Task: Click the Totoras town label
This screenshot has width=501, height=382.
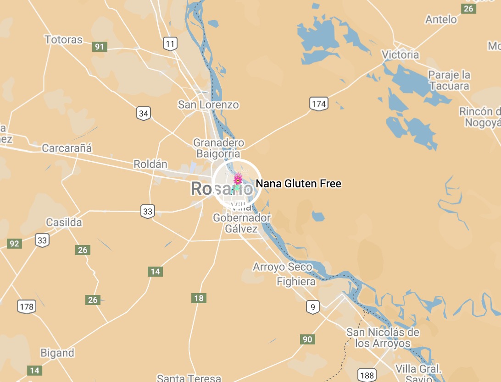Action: point(63,40)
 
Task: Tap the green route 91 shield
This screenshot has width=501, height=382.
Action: point(100,46)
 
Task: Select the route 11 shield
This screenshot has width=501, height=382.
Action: point(170,44)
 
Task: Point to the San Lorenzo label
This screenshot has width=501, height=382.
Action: point(208,105)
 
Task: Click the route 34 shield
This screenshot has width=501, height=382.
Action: point(144,113)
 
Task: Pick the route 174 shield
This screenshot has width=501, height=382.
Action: point(318,104)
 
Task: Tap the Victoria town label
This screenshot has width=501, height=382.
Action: point(401,55)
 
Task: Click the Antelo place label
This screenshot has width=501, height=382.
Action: point(441,19)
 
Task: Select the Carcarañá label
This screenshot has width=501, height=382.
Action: point(67,148)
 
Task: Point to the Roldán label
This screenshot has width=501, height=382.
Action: point(150,164)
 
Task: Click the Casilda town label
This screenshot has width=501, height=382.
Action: point(64,223)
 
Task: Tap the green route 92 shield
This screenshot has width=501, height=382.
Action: point(14,244)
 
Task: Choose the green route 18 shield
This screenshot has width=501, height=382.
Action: point(199,298)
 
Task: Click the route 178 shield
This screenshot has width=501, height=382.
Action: point(27,306)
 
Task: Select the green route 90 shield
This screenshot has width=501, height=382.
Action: point(307,339)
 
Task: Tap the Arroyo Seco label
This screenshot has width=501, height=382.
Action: point(283,267)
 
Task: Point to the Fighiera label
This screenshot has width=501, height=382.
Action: point(296,282)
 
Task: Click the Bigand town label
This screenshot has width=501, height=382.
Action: point(57,353)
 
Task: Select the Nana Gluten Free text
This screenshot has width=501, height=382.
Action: point(298,184)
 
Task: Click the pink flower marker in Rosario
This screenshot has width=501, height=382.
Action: point(238,179)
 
